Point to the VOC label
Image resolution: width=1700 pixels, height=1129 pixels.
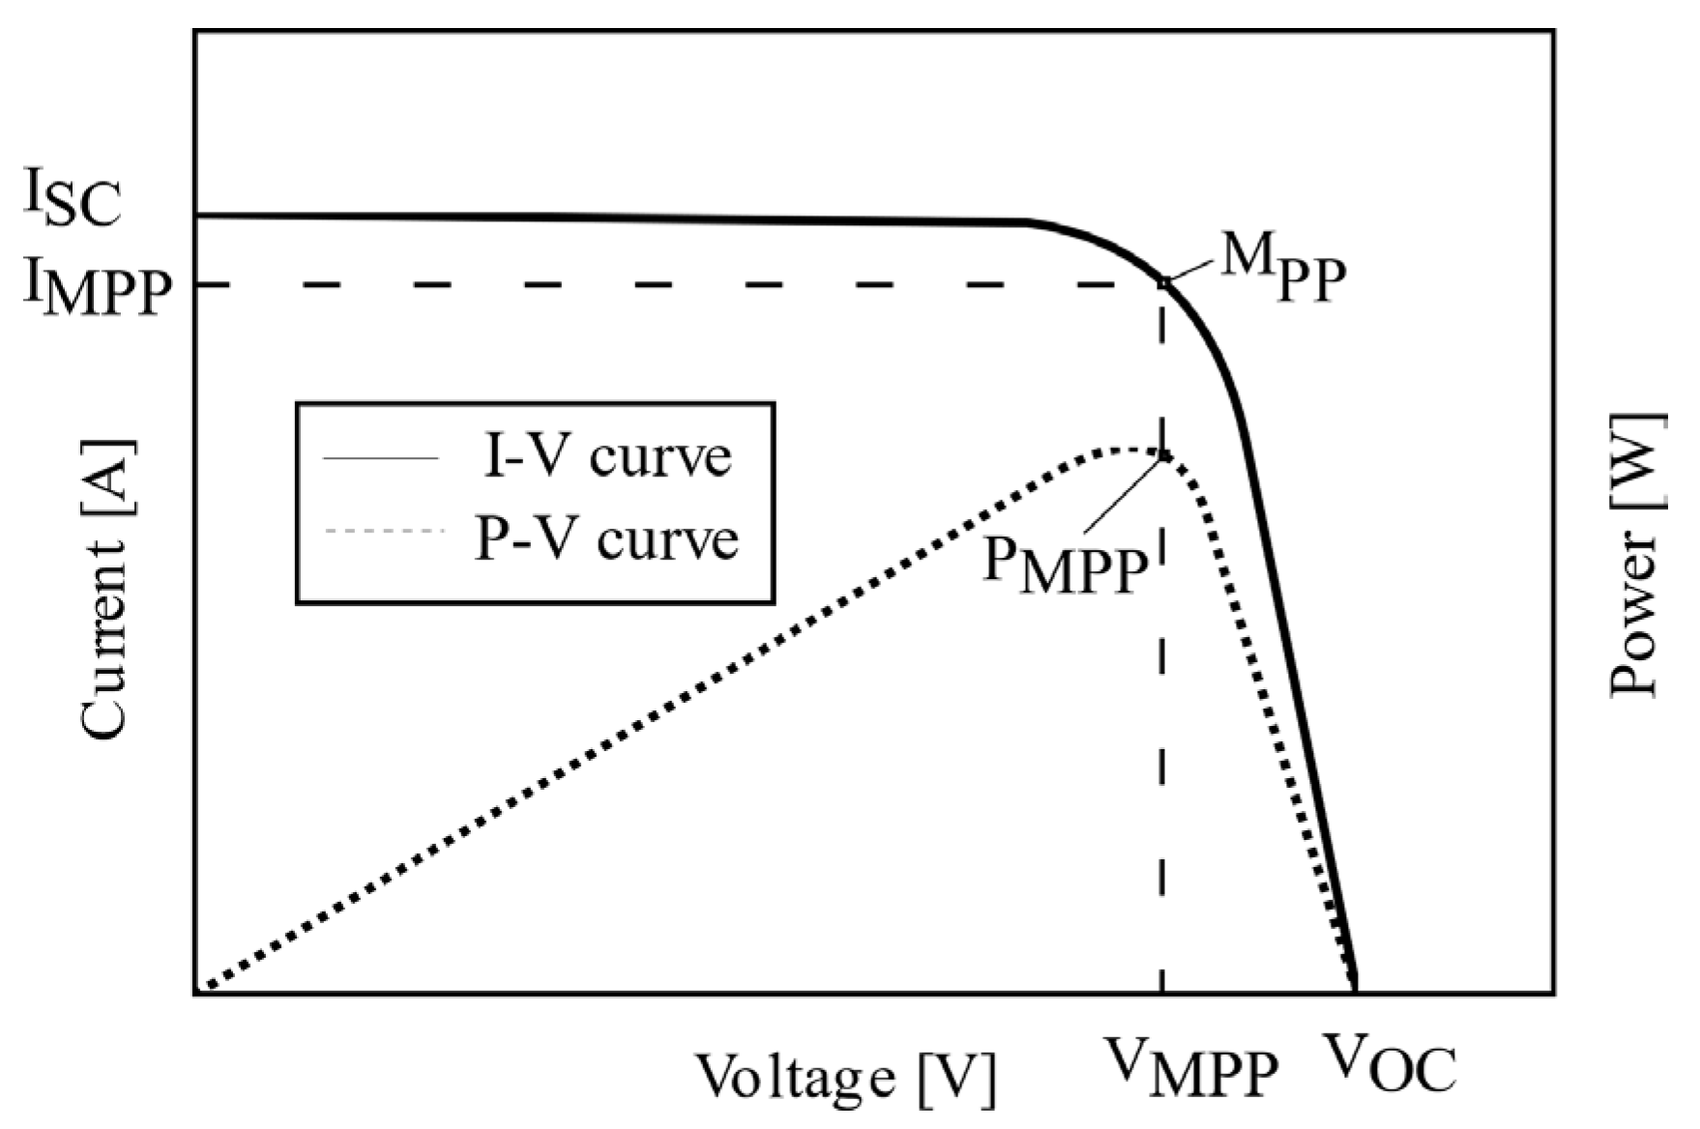pyautogui.click(x=1389, y=1063)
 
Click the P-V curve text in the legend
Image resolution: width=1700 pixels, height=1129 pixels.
pyautogui.click(x=606, y=537)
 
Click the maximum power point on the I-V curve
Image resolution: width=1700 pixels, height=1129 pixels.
pyautogui.click(x=1164, y=283)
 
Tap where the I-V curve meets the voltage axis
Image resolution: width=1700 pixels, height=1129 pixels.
pyautogui.click(x=1356, y=986)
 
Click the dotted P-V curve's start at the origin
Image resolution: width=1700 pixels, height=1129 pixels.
pyautogui.click(x=205, y=987)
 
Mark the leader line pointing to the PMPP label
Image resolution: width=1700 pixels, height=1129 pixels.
pyautogui.click(x=1122, y=494)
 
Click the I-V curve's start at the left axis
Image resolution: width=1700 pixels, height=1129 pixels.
pyautogui.click(x=198, y=215)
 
